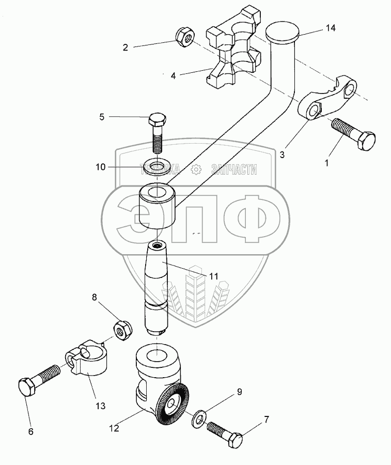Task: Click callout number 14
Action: pyautogui.click(x=330, y=28)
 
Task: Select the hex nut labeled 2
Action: pyautogui.click(x=184, y=36)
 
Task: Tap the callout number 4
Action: pyautogui.click(x=174, y=75)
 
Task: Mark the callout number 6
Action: pyautogui.click(x=30, y=431)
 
